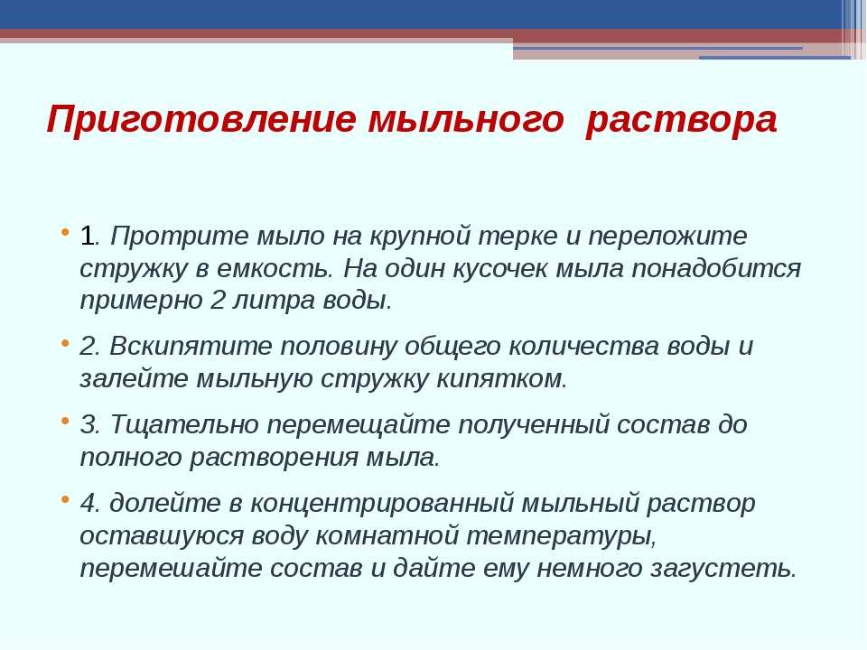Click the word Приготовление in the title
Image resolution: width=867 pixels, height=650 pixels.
[x=201, y=120]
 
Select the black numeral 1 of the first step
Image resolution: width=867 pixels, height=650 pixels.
[x=88, y=236]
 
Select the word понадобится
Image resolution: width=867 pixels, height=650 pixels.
[x=716, y=269]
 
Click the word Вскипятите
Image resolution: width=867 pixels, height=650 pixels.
[x=191, y=347]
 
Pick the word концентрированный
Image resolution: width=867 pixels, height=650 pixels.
[x=381, y=504]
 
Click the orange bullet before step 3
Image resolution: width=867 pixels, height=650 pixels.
[x=66, y=422]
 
